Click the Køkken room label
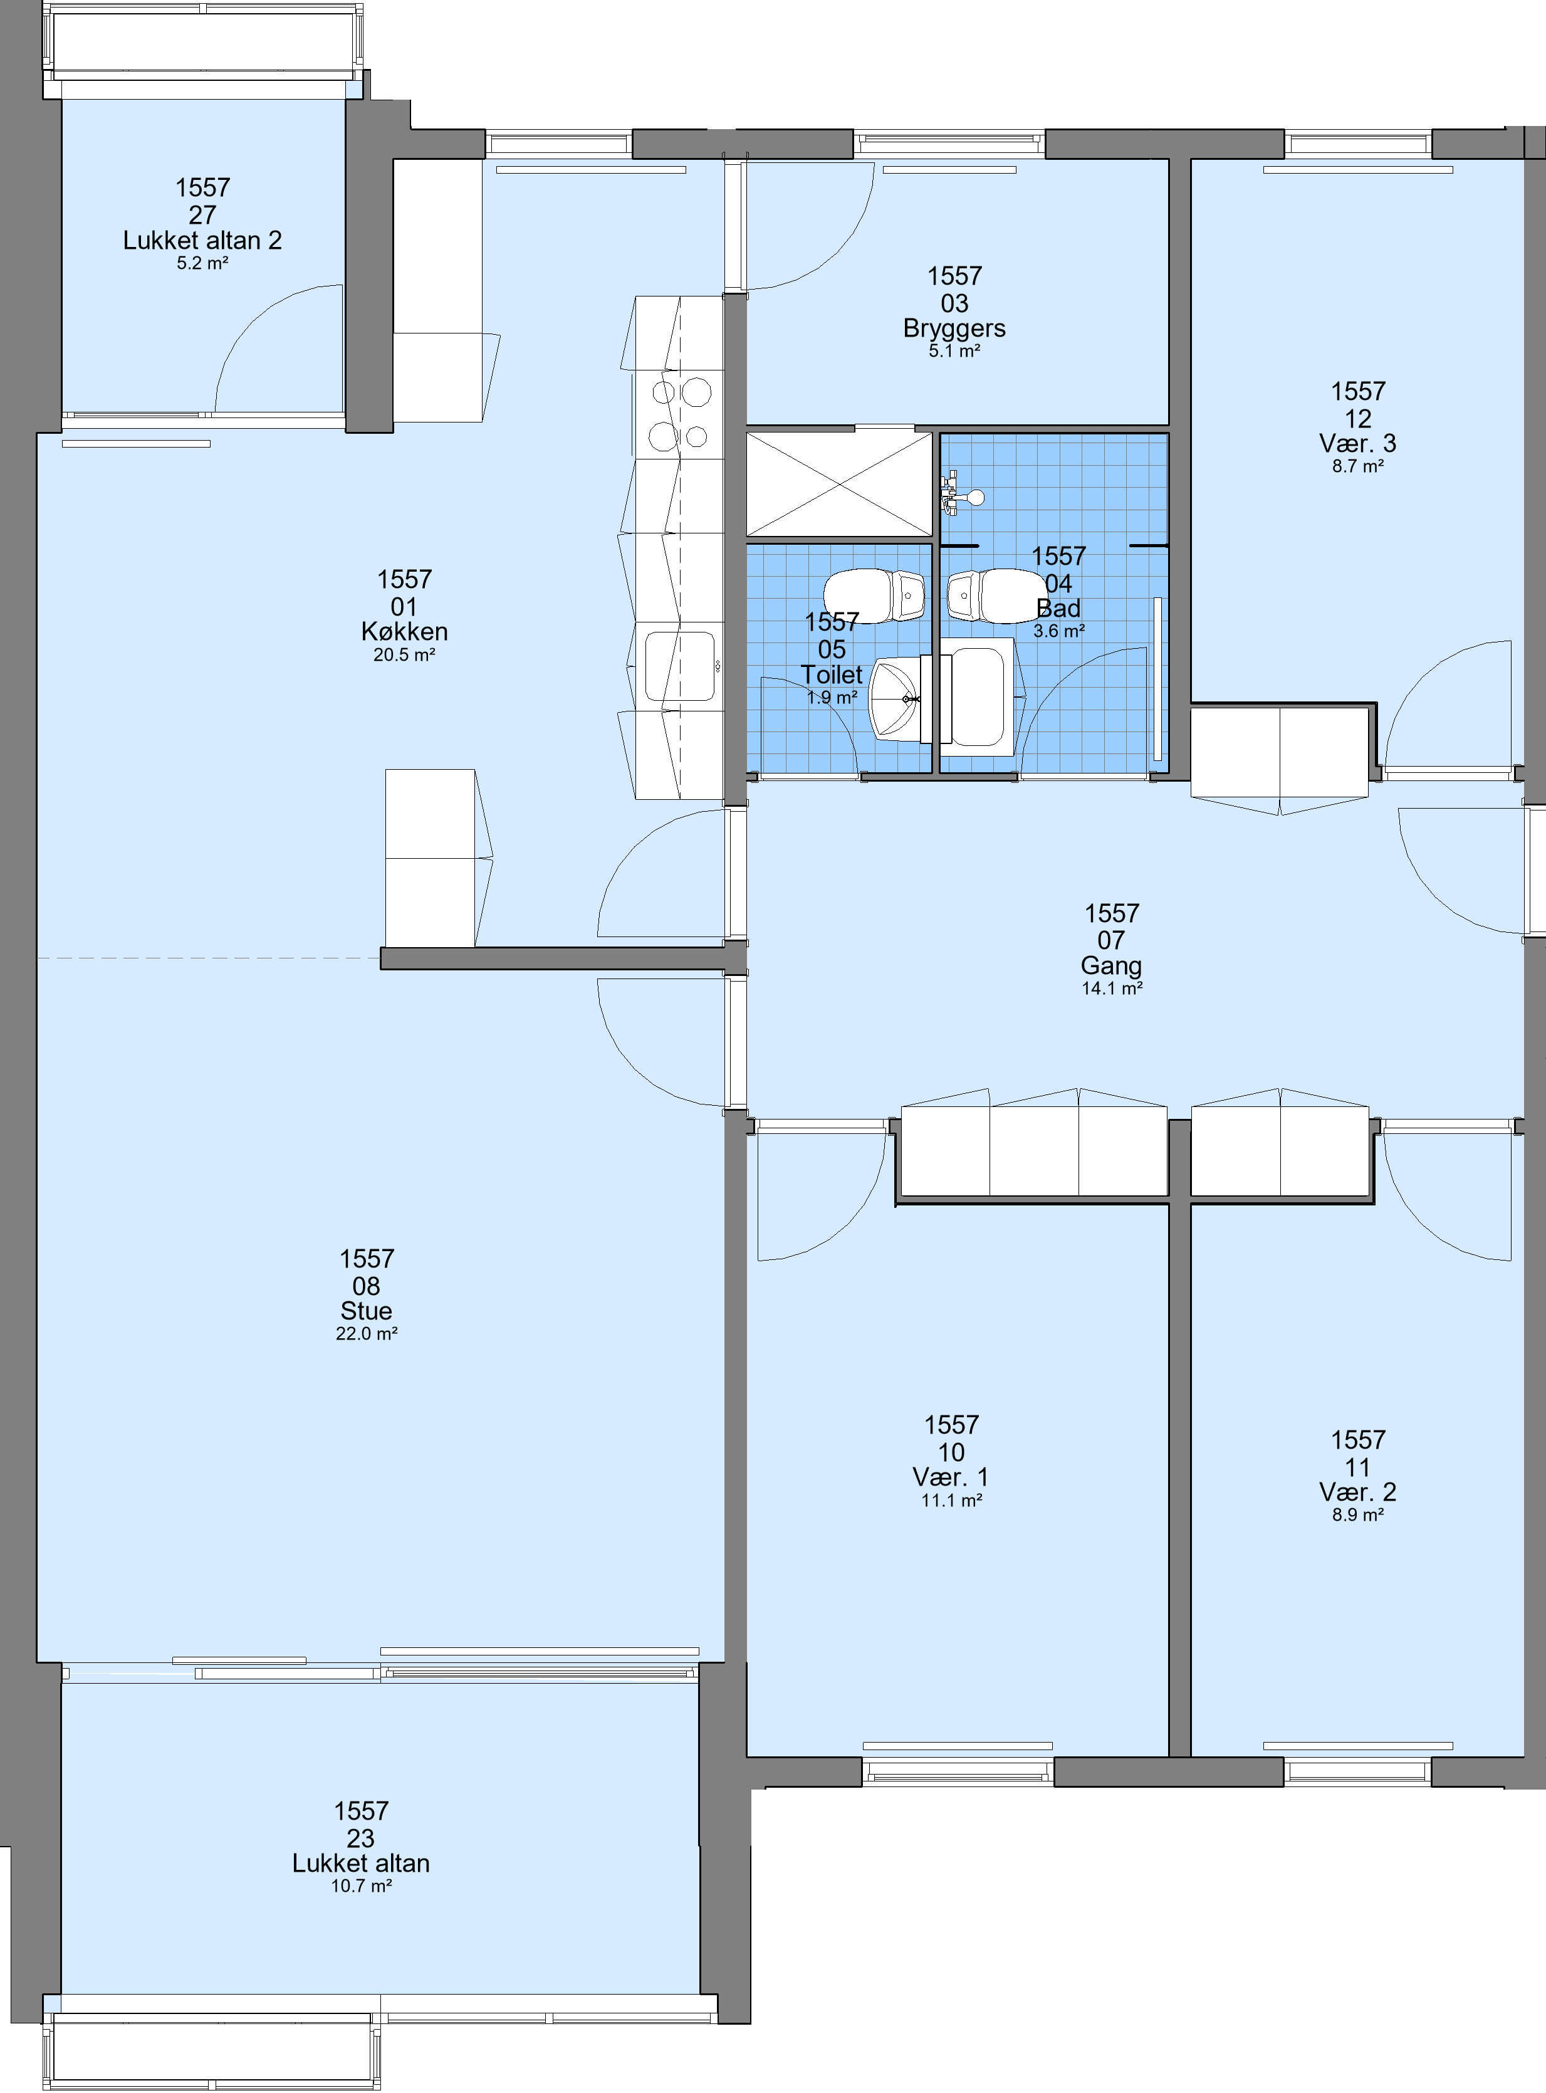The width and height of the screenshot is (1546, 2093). (x=404, y=632)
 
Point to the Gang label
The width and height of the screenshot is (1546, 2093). (x=1111, y=966)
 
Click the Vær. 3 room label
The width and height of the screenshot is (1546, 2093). (x=1358, y=444)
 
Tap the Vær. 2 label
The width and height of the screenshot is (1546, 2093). (x=1358, y=1492)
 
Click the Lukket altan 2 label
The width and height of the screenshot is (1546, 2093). (x=202, y=241)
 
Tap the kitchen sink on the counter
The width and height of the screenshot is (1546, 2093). (x=681, y=666)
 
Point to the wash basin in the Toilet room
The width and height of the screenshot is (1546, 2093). (x=897, y=698)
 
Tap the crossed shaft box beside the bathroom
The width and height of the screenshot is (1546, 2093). (x=840, y=484)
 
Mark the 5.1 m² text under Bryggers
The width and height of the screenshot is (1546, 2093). (x=954, y=352)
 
